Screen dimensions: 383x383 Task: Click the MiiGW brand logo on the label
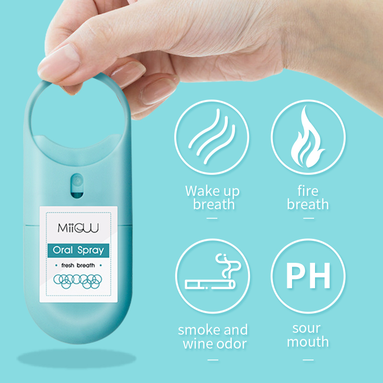pos(78,228)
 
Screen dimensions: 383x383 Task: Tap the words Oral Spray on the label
pos(78,250)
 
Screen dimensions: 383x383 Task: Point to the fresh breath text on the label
pos(78,265)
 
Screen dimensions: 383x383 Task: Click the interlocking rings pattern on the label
pos(78,281)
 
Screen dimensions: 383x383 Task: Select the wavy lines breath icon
pos(212,136)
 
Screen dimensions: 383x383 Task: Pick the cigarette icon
pos(210,284)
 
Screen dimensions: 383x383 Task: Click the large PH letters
pos(308,276)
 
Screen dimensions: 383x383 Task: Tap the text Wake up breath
pos(213,197)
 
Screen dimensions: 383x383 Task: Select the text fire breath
pos(308,197)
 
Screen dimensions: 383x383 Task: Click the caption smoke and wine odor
pos(213,337)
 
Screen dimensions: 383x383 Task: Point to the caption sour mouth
pos(308,335)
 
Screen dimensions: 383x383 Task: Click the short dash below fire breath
pos(308,218)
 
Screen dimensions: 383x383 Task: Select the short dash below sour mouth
pos(308,360)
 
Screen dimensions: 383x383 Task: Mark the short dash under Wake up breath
pos(212,218)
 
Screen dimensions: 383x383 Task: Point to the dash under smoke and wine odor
pos(213,360)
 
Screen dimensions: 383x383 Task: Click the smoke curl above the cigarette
pos(228,266)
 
